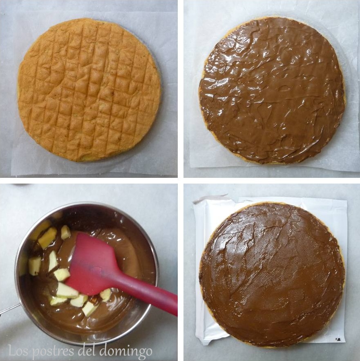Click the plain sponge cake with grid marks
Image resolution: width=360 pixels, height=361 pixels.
[x=89, y=89]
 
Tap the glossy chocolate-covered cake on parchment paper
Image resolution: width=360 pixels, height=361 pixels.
[x=272, y=90]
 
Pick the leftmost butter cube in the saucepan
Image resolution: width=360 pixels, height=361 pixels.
[x=34, y=266]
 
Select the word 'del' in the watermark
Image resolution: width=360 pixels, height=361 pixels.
[x=89, y=351]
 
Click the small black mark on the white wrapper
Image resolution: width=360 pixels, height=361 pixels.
[x=338, y=339]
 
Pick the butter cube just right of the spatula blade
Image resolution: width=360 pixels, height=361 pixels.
[x=105, y=295]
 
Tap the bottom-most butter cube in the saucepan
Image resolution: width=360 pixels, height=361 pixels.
[x=89, y=309]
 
